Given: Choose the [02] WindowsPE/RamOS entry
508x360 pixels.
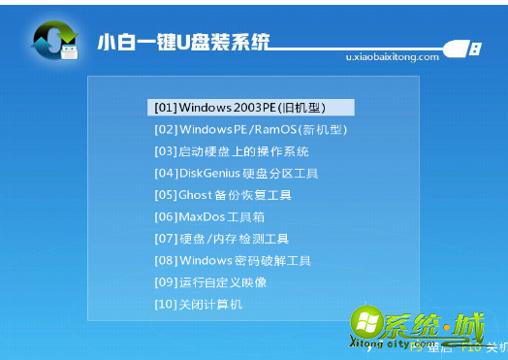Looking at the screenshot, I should tap(250, 129).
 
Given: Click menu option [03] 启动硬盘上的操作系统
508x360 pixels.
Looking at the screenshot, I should tap(231, 151).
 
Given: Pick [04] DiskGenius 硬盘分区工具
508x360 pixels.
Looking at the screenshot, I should tap(236, 173).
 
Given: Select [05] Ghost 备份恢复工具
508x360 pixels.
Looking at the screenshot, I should tap(222, 195).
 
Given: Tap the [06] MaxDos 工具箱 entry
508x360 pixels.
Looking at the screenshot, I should tap(208, 216).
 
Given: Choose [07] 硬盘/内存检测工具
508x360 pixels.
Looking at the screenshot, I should tap(221, 239).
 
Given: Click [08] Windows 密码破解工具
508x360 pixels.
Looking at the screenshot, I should tap(232, 260).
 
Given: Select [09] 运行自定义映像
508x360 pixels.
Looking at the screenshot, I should tap(209, 282).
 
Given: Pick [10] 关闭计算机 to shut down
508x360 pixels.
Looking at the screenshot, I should tap(198, 305).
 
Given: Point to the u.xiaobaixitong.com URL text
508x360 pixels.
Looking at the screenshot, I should tap(392, 57).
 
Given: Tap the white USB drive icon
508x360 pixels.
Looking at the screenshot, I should tap(463, 48).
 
